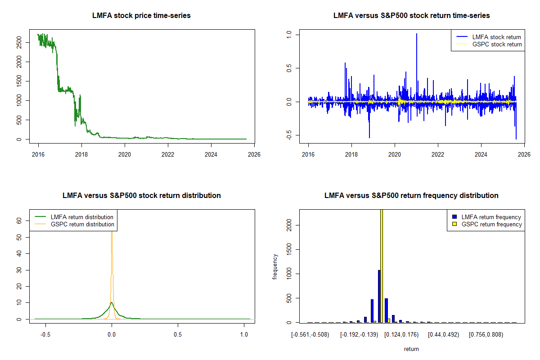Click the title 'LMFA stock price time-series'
pos(141,16)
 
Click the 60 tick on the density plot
pos(19,221)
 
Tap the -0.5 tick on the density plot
pos(45,335)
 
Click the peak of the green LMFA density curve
pos(112,303)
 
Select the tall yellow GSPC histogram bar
pos(382,265)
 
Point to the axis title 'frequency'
pos(275,267)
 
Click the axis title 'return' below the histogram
pos(411,349)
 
